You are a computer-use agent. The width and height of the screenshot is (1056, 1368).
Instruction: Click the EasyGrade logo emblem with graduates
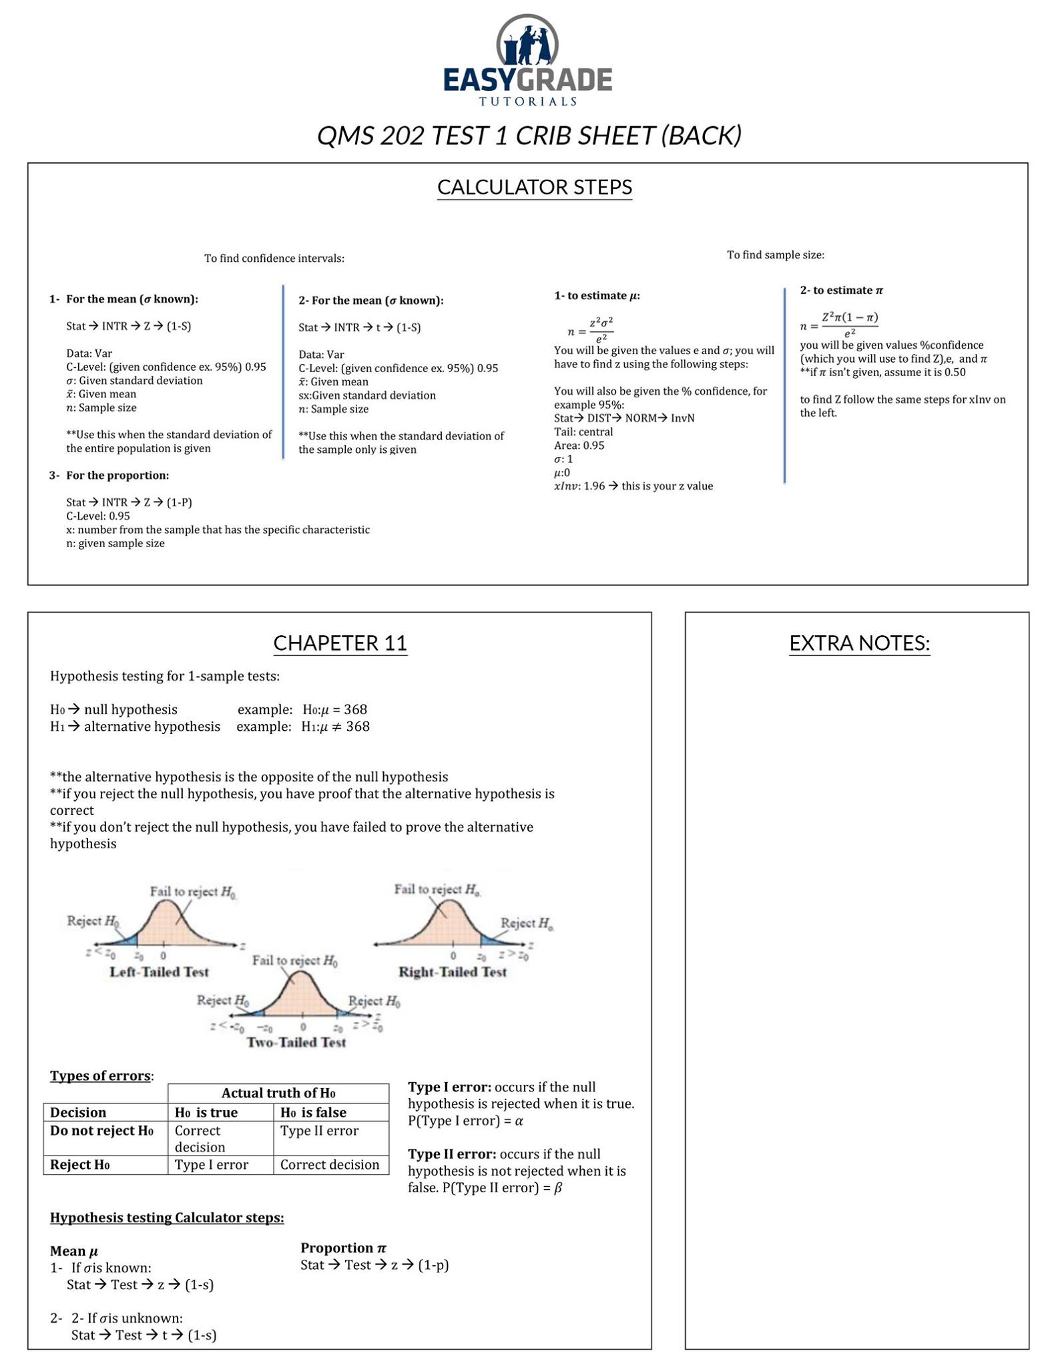pos(527,41)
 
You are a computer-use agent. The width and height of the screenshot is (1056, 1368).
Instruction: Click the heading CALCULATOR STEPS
pos(534,187)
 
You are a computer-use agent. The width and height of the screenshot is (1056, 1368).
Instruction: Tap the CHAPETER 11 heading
pos(340,643)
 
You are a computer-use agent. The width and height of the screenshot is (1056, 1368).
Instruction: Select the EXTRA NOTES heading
pos(859,643)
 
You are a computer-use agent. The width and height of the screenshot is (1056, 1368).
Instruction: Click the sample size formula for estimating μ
pos(591,328)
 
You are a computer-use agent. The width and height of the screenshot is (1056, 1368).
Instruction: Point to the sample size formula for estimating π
pos(840,324)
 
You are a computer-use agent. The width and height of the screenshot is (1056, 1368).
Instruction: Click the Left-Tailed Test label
pos(159,972)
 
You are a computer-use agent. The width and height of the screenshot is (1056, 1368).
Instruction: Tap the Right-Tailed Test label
pos(453,972)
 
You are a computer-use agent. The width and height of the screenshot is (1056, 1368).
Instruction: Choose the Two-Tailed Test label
pos(296,1042)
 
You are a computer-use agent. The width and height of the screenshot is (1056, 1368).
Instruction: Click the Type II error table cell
pos(319,1131)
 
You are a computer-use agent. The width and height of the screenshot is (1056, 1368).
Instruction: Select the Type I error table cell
pos(212,1165)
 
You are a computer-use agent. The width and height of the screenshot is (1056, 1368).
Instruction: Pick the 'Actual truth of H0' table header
pos(278,1093)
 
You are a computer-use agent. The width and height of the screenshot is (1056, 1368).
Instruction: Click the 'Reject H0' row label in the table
pos(80,1165)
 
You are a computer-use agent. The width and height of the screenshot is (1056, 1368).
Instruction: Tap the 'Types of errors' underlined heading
pos(100,1075)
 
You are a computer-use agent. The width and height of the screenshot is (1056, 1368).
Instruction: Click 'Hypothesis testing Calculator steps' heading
pos(167,1218)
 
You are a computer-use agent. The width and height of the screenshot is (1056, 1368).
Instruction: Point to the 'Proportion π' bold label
pos(343,1248)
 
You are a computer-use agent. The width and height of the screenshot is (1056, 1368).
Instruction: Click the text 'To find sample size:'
pos(775,254)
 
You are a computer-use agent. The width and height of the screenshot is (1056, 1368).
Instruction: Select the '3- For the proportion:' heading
pos(109,476)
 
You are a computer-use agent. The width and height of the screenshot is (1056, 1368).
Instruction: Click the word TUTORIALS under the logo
pos(527,102)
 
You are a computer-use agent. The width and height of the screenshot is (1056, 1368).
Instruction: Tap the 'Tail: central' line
pos(583,432)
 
